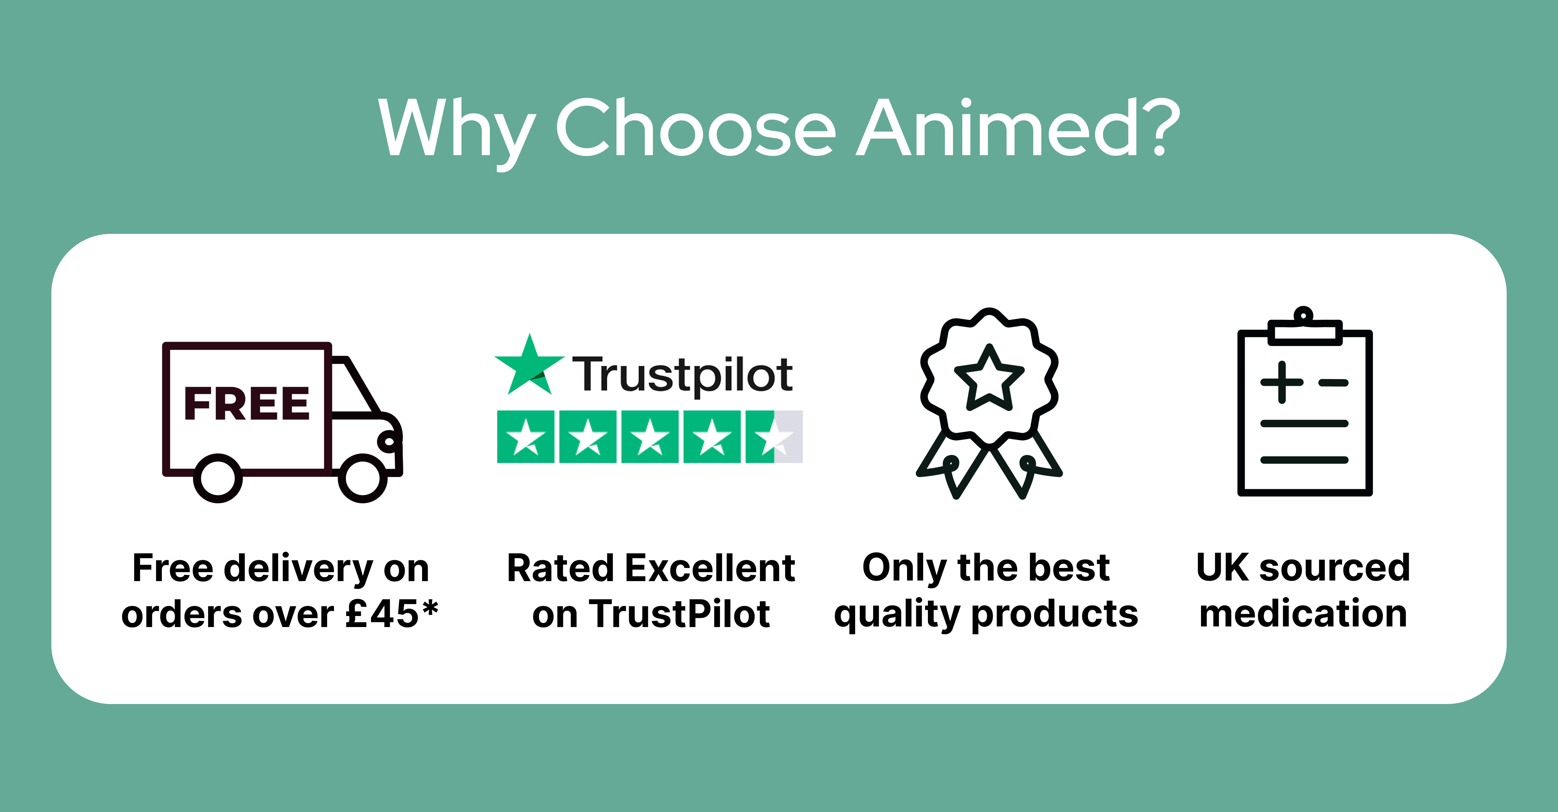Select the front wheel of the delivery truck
coord(363,478)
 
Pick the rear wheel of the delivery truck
coord(218,478)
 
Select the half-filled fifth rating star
coord(774,436)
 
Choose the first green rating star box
coord(526,436)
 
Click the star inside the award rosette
coord(989,378)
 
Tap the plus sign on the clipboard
coord(1282,382)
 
